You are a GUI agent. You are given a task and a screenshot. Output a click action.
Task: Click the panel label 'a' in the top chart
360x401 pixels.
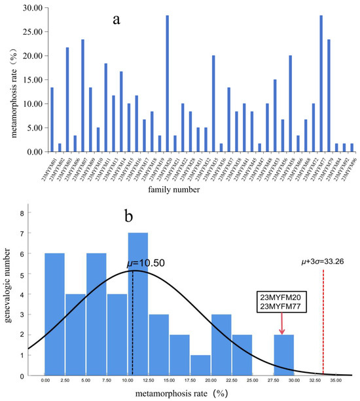(x=116, y=19)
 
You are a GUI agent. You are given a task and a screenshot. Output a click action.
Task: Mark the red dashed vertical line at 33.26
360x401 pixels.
(x=323, y=328)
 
